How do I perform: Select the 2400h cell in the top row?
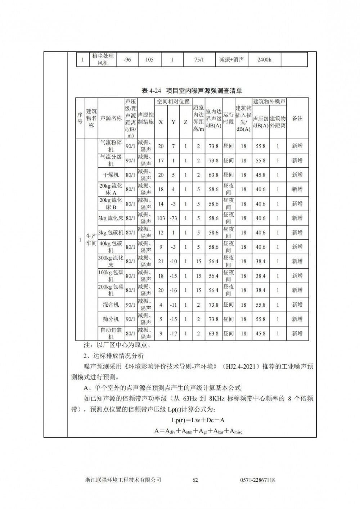264,60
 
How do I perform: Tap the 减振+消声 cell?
231,60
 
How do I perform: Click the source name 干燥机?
111,175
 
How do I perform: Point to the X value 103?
161,218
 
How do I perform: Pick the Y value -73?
174,218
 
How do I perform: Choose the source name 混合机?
111,305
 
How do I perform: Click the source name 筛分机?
111,319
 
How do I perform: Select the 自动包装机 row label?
111,333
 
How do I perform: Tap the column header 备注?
297,118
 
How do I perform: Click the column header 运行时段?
228,118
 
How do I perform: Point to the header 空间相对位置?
173,102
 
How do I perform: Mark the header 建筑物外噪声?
269,102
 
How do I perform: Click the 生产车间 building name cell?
91,240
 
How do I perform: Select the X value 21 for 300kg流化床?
161,261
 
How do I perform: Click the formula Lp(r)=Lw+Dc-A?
198,420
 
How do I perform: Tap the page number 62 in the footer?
195,480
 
